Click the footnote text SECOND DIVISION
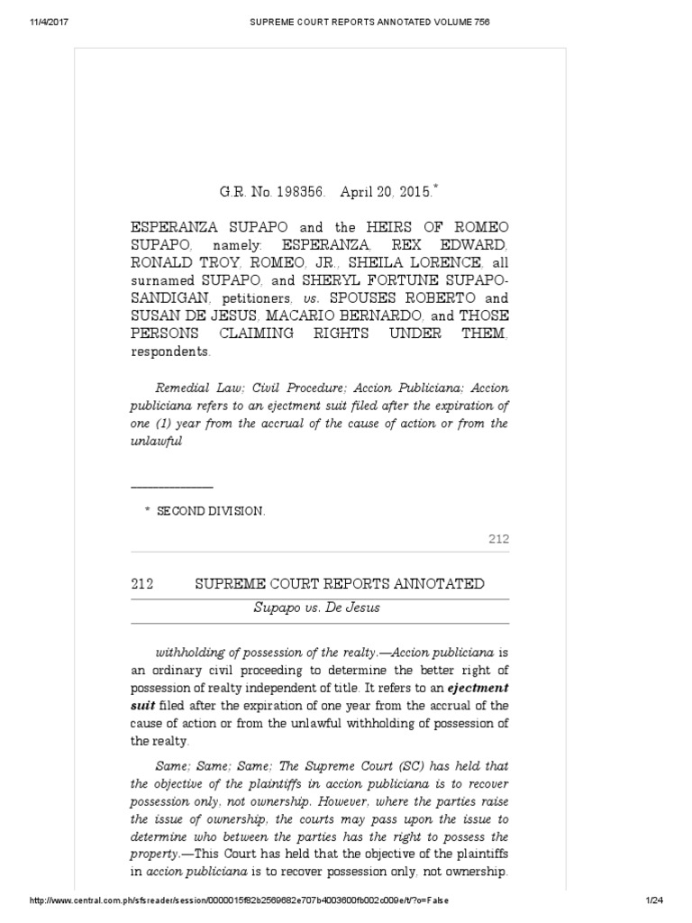(x=211, y=510)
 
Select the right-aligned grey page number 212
(x=498, y=539)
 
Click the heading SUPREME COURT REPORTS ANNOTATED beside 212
(x=340, y=584)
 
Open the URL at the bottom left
(x=240, y=900)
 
